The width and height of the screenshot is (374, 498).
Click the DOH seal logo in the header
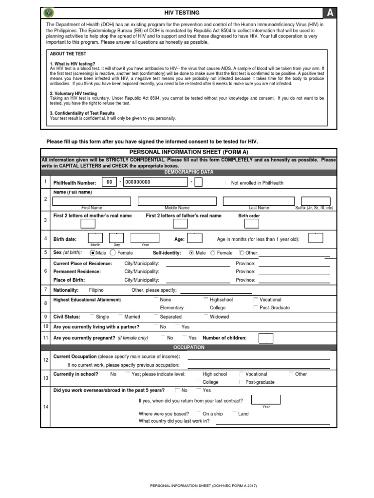tap(49, 13)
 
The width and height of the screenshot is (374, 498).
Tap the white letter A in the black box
tap(330, 13)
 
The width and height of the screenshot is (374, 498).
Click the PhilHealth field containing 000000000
tap(155, 182)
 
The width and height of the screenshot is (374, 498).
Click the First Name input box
tap(92, 201)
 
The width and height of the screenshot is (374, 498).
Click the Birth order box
tap(251, 224)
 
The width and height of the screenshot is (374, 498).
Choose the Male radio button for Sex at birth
tap(93, 253)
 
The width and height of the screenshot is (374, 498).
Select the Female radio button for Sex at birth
tap(113, 253)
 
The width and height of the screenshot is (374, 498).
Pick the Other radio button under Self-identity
tap(243, 253)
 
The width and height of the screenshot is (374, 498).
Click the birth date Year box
tap(145, 238)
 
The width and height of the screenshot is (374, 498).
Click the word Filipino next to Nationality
tap(96, 290)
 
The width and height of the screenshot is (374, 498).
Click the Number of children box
tap(266, 338)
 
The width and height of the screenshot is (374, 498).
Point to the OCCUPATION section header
tap(189, 348)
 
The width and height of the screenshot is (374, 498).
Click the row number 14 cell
tap(45, 407)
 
